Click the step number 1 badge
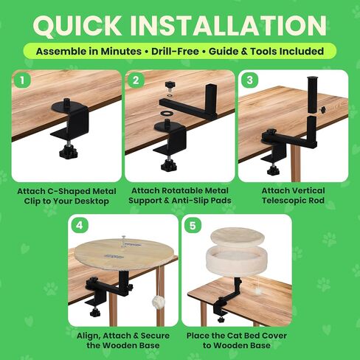click(x=22, y=80)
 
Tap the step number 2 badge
click(x=136, y=80)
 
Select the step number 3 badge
click(x=249, y=80)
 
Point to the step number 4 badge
click(x=80, y=225)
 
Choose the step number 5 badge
click(x=193, y=225)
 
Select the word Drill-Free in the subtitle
click(x=175, y=51)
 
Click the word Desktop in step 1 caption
click(x=91, y=201)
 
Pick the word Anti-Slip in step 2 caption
click(x=187, y=201)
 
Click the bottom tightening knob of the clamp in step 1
click(x=69, y=151)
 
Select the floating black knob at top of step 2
click(x=170, y=86)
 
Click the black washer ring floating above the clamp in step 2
click(x=166, y=114)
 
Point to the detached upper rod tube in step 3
click(x=313, y=95)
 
